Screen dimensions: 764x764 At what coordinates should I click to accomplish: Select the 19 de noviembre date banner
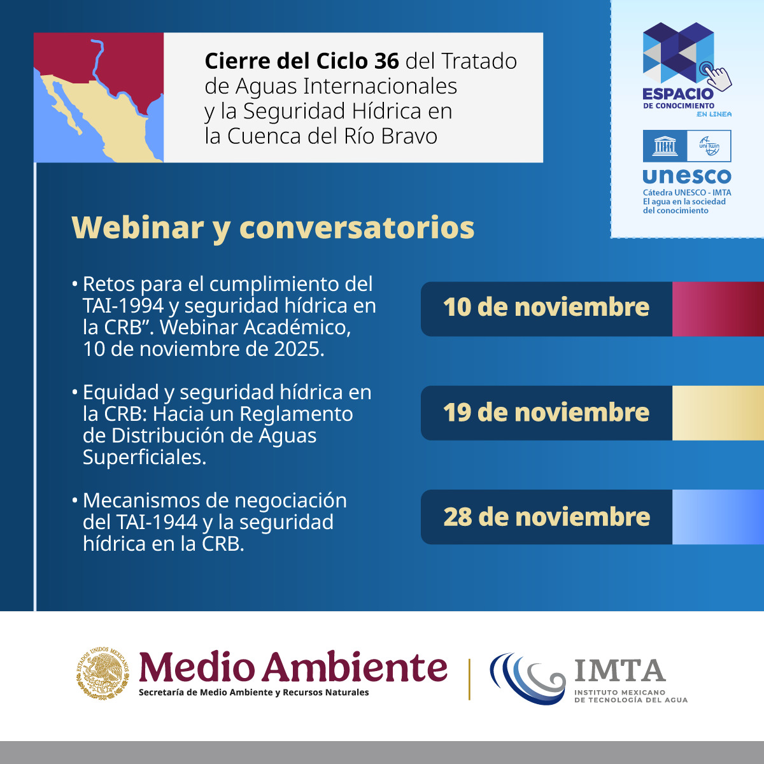[546, 413]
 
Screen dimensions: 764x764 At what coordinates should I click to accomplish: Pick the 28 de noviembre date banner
[546, 516]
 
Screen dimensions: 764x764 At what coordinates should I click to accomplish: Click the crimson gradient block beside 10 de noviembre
[718, 309]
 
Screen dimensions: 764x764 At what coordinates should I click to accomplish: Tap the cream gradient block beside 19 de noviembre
[718, 413]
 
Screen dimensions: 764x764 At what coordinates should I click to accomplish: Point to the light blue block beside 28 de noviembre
[718, 516]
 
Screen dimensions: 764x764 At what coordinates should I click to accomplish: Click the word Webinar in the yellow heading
[138, 227]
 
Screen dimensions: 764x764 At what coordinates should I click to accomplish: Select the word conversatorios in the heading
[357, 229]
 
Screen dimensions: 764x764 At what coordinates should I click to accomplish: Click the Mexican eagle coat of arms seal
[103, 672]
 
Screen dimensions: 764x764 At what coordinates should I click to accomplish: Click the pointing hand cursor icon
[717, 76]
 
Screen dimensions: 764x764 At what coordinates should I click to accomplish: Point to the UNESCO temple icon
[665, 146]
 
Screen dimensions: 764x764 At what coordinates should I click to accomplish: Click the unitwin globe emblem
[709, 146]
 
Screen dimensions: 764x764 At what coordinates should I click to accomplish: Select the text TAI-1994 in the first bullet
[124, 306]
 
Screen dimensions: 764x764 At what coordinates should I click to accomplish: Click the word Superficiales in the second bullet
[145, 457]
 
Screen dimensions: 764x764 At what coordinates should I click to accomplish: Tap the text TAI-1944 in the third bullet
[157, 522]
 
